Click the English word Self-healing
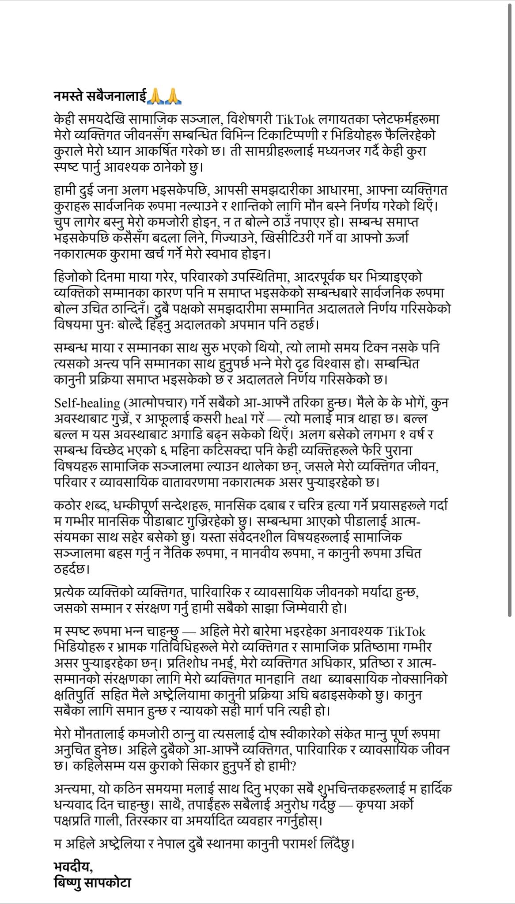pyautogui.click(x=87, y=403)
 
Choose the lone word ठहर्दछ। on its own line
pyautogui.click(x=72, y=569)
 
